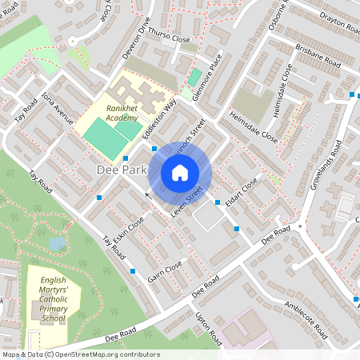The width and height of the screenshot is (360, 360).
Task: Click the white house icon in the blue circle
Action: [180, 173]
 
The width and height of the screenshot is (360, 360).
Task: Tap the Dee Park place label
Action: [121, 170]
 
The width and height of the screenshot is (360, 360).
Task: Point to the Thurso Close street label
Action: [169, 37]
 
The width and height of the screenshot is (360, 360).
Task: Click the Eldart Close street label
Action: [239, 194]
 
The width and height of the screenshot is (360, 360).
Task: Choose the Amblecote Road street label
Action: [305, 318]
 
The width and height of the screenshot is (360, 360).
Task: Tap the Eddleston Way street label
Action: [158, 119]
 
